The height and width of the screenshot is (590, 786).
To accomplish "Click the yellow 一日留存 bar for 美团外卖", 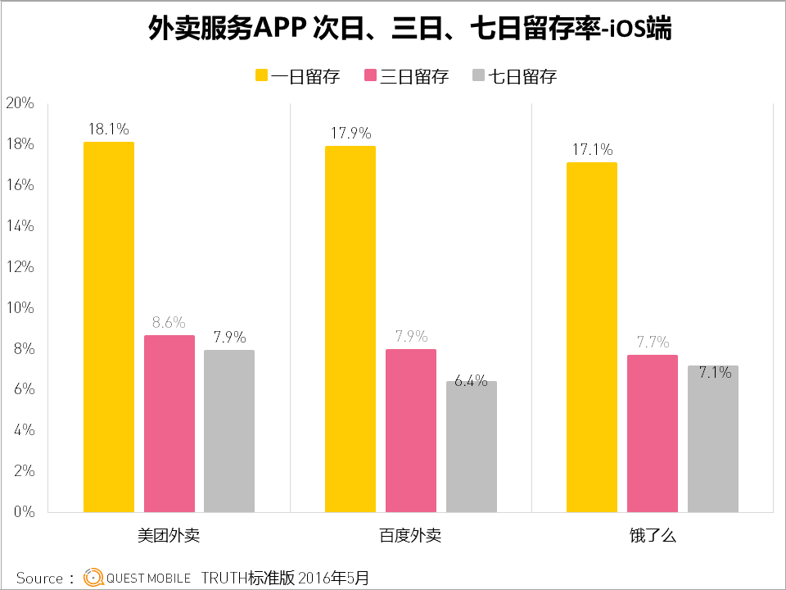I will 109,327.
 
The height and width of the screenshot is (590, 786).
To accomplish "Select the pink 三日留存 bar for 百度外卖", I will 411,430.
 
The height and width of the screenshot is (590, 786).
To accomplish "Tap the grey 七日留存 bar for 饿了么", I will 712,438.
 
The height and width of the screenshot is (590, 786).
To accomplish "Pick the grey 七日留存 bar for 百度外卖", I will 471,447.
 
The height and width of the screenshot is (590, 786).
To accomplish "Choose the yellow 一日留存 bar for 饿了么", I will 592,337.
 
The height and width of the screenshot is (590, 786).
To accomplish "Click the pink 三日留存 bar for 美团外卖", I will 169,424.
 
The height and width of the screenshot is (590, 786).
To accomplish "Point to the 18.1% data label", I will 109,129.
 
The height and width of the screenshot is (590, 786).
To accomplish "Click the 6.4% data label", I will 471,381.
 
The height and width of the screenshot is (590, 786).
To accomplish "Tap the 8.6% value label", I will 169,322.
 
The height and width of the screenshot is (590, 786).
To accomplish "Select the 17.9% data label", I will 350,133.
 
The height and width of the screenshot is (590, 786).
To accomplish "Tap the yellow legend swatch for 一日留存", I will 261,76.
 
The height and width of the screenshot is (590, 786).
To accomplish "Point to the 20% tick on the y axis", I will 19,103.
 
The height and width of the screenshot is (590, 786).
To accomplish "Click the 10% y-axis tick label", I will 19,308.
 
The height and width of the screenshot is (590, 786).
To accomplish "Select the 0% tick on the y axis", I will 22,512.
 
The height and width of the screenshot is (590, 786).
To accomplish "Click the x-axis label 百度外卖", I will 411,537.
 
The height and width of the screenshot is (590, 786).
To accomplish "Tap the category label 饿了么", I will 653,537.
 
